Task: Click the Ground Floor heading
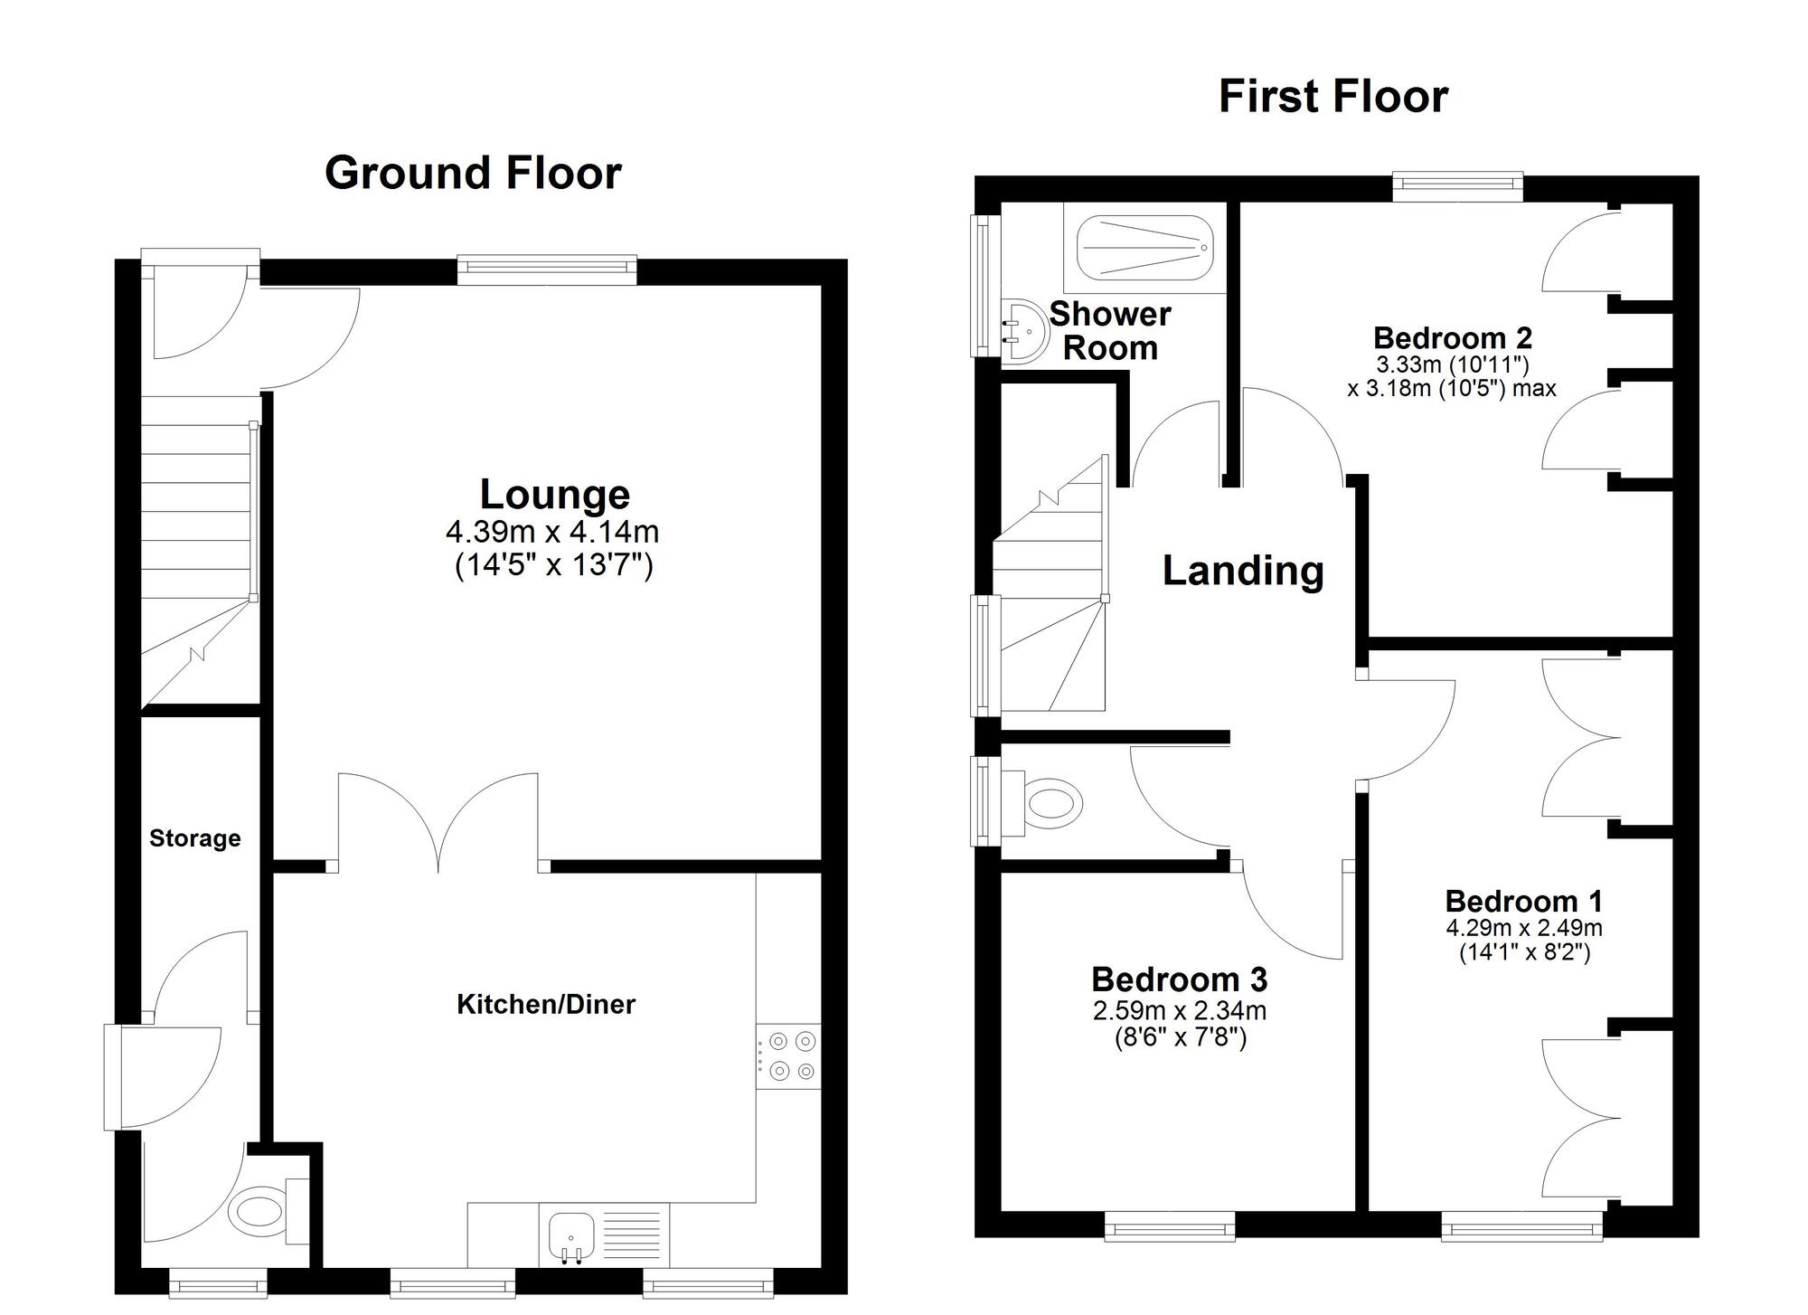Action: (473, 173)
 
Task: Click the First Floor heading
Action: (1332, 97)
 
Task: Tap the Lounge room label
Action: (554, 495)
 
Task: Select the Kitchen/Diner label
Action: (546, 1004)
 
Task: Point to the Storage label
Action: (195, 838)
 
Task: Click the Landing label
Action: (1243, 571)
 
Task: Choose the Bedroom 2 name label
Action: (1453, 338)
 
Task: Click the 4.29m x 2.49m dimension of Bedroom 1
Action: (1524, 928)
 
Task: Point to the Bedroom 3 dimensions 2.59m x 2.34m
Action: (1180, 1010)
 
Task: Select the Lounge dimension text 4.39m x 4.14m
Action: (551, 531)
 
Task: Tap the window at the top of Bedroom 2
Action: (1457, 186)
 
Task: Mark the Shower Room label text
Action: (1110, 331)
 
